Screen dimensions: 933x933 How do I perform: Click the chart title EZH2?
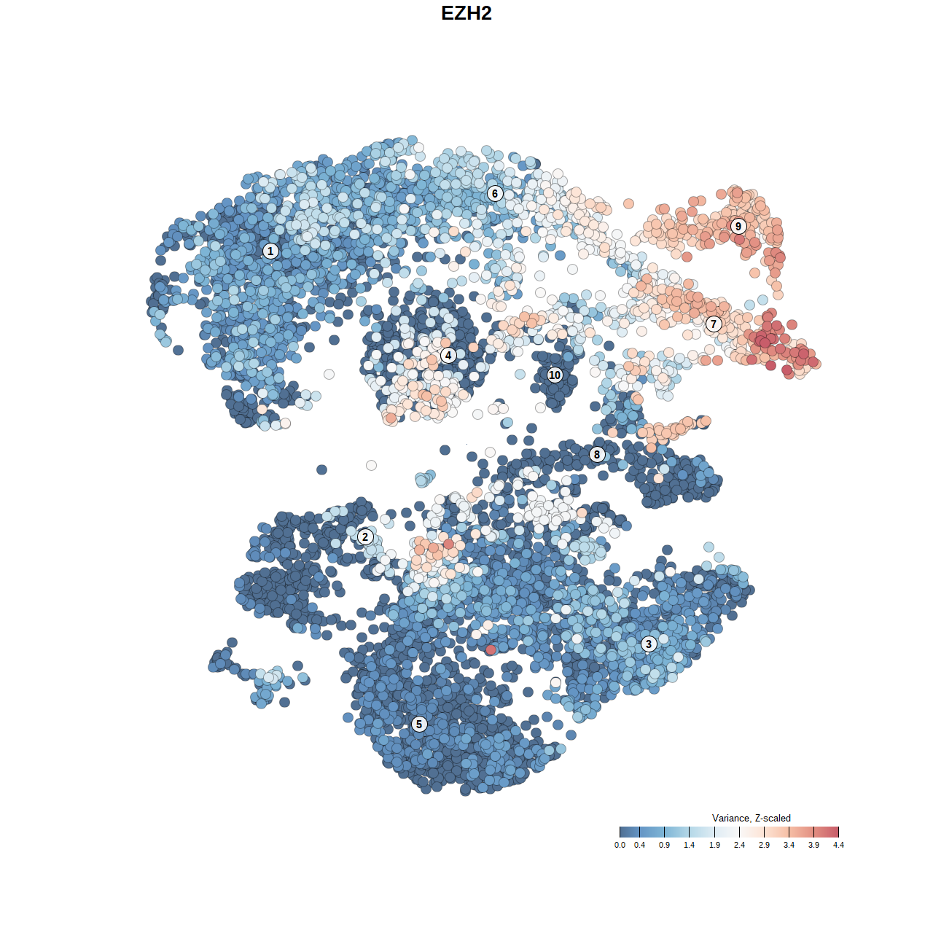pyautogui.click(x=466, y=13)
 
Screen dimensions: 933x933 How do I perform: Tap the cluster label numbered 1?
pyautogui.click(x=270, y=251)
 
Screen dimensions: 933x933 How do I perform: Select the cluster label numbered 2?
pyautogui.click(x=365, y=537)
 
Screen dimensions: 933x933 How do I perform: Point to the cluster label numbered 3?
pyautogui.click(x=649, y=644)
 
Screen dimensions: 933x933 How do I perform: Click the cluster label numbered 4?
pyautogui.click(x=448, y=356)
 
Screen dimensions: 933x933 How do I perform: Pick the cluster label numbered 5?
pyautogui.click(x=419, y=724)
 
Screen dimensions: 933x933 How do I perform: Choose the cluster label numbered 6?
pyautogui.click(x=495, y=193)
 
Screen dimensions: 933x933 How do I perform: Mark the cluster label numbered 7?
pyautogui.click(x=714, y=324)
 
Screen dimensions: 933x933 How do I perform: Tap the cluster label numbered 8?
pyautogui.click(x=597, y=455)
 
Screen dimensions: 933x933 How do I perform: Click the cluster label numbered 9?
pyautogui.click(x=738, y=226)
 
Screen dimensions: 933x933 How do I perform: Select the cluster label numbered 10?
pyautogui.click(x=555, y=375)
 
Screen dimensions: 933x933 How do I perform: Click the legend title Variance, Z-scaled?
pyautogui.click(x=751, y=818)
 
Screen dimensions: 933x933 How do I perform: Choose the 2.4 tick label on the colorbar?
pyautogui.click(x=739, y=846)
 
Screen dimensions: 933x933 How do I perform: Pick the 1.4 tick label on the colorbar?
pyautogui.click(x=689, y=846)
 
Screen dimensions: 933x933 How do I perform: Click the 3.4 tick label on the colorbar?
pyautogui.click(x=789, y=846)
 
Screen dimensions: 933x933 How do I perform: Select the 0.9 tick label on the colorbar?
pyautogui.click(x=664, y=846)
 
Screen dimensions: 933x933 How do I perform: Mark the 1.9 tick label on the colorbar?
pyautogui.click(x=714, y=846)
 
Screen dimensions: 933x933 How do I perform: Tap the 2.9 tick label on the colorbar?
pyautogui.click(x=764, y=846)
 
